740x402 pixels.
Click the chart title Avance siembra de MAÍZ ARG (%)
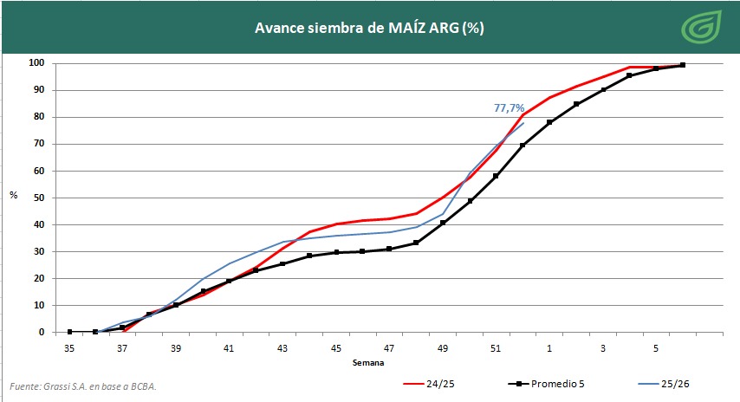pos(369,27)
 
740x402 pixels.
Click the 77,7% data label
pos(509,108)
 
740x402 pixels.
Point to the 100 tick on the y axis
pos(36,63)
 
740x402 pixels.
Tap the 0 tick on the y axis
pos(42,332)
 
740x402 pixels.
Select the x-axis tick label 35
pos(69,347)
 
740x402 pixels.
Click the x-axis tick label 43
pos(282,347)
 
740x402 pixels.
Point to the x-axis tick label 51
pos(496,347)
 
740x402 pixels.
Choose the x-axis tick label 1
pos(549,347)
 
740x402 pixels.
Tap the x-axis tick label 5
pos(656,347)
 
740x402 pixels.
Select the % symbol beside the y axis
pos(13,195)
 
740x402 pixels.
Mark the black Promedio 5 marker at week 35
pos(69,332)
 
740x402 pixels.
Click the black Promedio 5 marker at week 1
pos(549,122)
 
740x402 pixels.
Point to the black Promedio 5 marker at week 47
pos(389,249)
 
